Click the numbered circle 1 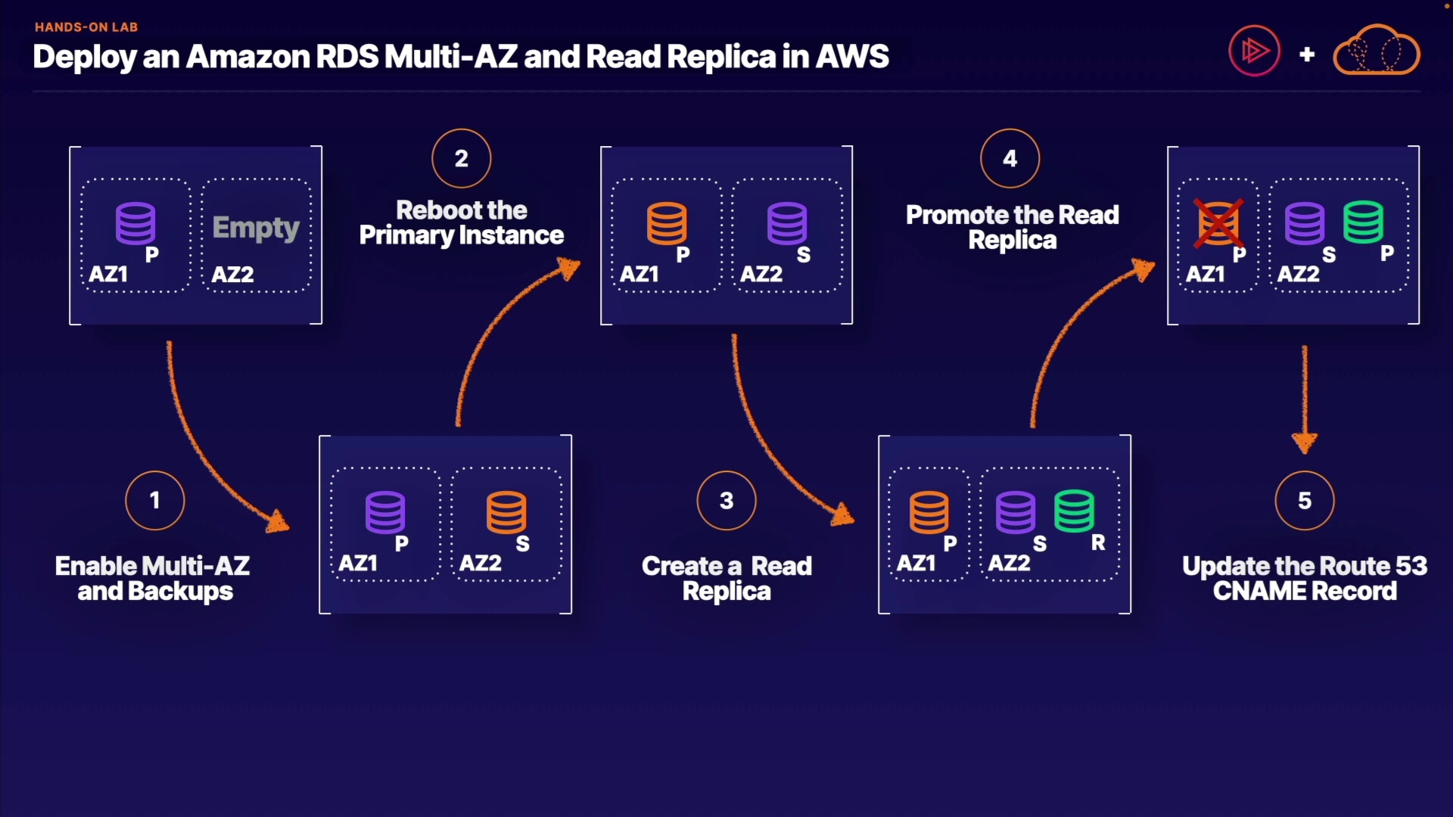click(155, 501)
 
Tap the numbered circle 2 click(462, 159)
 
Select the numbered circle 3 click(726, 501)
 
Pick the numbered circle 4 click(1010, 159)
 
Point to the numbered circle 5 click(1305, 501)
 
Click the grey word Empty click(256, 227)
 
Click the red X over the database click(1218, 223)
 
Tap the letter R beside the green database click(1098, 542)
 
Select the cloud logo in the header click(1376, 51)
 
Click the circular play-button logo click(1254, 51)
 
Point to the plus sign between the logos click(1307, 54)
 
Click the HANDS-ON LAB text click(86, 27)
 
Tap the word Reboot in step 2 click(429, 210)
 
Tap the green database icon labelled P click(1364, 222)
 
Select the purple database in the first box click(136, 223)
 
